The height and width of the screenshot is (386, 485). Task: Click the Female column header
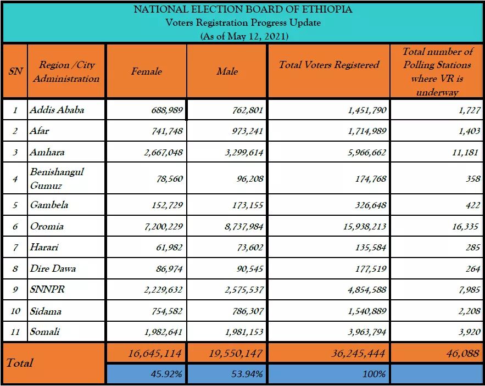[146, 71]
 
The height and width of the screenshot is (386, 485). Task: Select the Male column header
[227, 71]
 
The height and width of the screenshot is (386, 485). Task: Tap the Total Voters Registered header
[329, 65]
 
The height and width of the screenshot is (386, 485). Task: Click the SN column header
[15, 71]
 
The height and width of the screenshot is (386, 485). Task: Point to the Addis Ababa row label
[57, 110]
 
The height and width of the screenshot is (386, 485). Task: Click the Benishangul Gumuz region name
[57, 178]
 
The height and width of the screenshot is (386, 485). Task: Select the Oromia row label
[47, 226]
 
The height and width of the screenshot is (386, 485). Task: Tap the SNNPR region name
[47, 289]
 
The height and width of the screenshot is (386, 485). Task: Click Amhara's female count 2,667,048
[163, 153]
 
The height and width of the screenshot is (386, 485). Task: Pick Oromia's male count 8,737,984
[244, 227]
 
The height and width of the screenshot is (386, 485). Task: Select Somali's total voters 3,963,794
[367, 332]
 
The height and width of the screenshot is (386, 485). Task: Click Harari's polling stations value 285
[473, 248]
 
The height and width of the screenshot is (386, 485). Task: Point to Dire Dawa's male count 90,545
[250, 269]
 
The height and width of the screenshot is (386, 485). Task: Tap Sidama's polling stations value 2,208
[469, 311]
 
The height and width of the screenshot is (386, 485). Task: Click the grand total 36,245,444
[358, 353]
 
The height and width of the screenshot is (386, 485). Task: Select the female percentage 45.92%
[166, 374]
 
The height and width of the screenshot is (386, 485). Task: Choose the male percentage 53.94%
[247, 374]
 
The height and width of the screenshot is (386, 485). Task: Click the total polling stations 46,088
[462, 353]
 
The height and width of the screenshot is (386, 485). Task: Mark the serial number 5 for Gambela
[15, 205]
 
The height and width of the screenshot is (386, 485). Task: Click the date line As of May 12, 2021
[244, 36]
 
